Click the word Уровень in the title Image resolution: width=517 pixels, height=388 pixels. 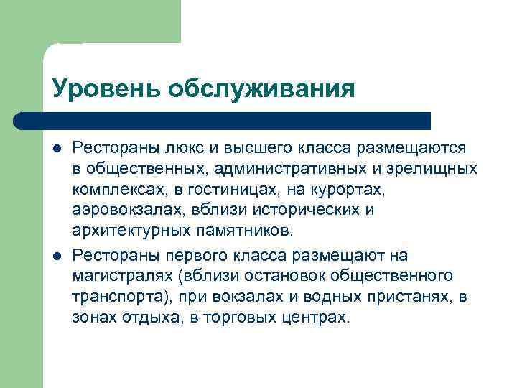106,89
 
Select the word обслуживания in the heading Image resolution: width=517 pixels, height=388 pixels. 261,89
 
